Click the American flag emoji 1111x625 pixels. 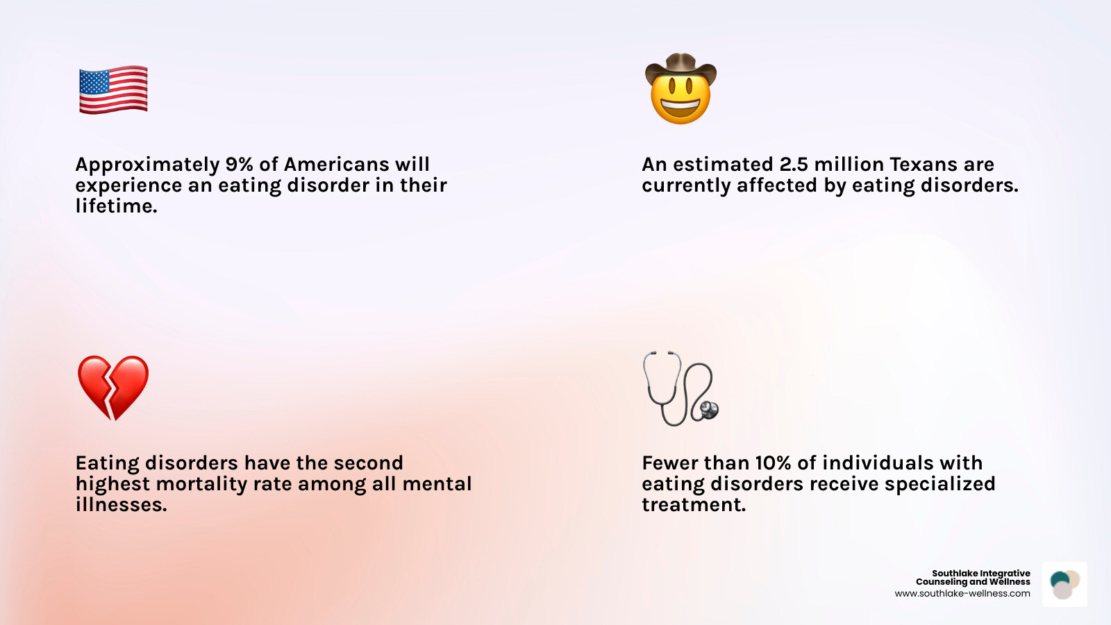tap(113, 90)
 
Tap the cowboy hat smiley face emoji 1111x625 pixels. tap(680, 90)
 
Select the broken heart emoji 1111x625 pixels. tap(113, 387)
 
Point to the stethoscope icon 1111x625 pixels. tap(680, 389)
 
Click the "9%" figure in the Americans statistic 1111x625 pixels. tap(239, 165)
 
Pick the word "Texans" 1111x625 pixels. tap(924, 165)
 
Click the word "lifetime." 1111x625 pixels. tap(117, 206)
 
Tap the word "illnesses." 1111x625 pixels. tap(122, 505)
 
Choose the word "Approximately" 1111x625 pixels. tap(147, 165)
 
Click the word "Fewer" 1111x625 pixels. tap(671, 463)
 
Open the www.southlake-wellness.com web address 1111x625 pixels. tap(962, 594)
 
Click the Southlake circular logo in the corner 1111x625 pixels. tap(1064, 585)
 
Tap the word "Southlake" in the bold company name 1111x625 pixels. tap(955, 574)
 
